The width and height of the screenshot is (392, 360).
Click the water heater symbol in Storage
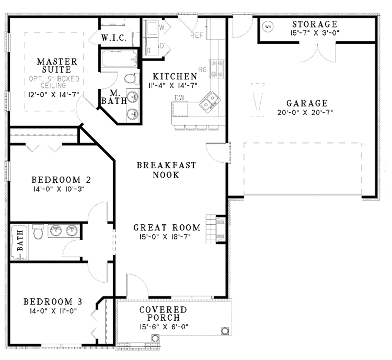click(x=268, y=27)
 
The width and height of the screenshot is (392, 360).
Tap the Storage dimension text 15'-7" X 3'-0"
click(x=315, y=33)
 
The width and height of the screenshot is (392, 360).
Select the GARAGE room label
click(x=307, y=103)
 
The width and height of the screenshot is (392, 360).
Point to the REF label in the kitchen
click(x=196, y=36)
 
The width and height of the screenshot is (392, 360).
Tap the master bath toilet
click(x=131, y=79)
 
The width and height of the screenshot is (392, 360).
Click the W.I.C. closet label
click(x=114, y=38)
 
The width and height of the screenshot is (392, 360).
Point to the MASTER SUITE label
click(x=57, y=65)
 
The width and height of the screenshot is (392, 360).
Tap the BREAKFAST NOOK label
click(x=166, y=170)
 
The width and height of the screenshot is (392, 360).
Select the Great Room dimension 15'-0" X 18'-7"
click(x=167, y=237)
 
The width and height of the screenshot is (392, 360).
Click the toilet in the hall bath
click(x=38, y=232)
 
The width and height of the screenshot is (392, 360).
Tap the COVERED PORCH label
click(x=163, y=313)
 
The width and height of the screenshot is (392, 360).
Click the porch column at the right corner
click(x=225, y=330)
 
